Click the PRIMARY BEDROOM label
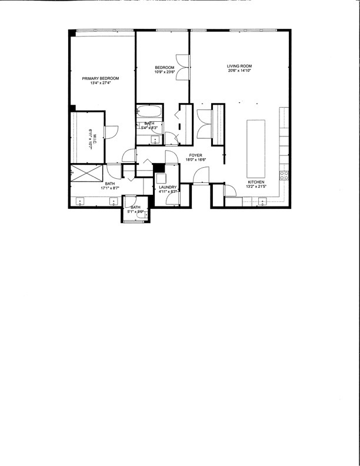coord(101,78)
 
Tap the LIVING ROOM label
coord(241,66)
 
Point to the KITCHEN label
coord(256,182)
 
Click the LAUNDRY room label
coord(168,187)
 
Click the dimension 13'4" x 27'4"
coord(101,84)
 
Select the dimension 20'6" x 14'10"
coord(241,71)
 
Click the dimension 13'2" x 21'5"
coord(256,187)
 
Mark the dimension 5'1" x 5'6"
coord(136,212)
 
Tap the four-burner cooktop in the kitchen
coord(284,175)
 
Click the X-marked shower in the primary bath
coord(86,174)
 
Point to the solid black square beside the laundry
coord(158,167)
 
